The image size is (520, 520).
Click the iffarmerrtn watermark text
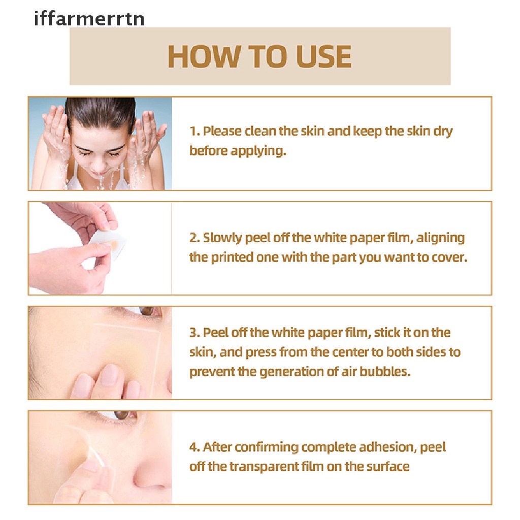point(89,19)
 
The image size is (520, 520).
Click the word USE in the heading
point(323,56)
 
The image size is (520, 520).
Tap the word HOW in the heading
point(203,56)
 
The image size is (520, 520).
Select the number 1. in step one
point(194,132)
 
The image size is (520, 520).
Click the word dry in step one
point(443,132)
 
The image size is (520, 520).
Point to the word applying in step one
point(258,151)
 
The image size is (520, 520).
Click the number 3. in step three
point(194,333)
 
